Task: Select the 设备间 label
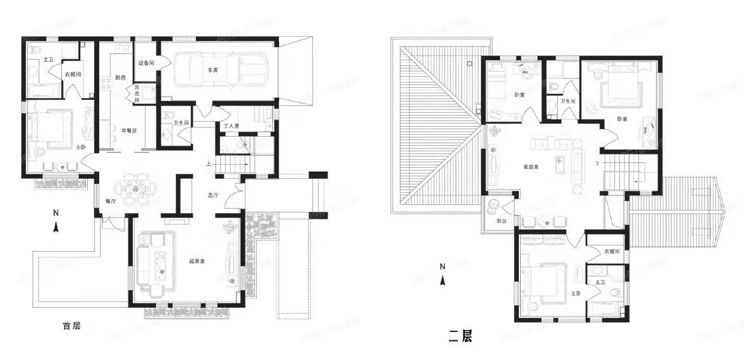(146, 63)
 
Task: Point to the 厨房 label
(121, 78)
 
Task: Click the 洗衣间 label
(137, 93)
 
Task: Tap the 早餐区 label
(130, 130)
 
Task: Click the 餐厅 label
(110, 201)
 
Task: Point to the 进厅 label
(213, 195)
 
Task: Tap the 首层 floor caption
(71, 326)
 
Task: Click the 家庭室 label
(531, 167)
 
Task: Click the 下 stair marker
(597, 163)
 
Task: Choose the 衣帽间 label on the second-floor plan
(611, 251)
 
